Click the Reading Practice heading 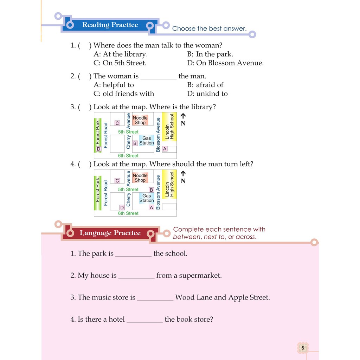pos(110,25)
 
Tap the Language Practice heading pos(110,233)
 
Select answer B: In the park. pos(210,54)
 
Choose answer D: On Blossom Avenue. pos(225,63)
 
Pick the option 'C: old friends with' pos(124,94)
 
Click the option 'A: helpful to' pos(114,85)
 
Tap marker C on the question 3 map pos(117,123)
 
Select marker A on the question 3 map pos(165,149)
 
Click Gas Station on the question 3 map pos(146,141)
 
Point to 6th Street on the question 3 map pos(128,156)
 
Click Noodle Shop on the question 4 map pos(140,178)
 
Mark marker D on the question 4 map pos(122,207)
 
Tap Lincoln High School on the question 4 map pos(170,184)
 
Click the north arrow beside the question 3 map pos(183,116)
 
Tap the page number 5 pos(303,348)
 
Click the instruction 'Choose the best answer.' pos(209,29)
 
